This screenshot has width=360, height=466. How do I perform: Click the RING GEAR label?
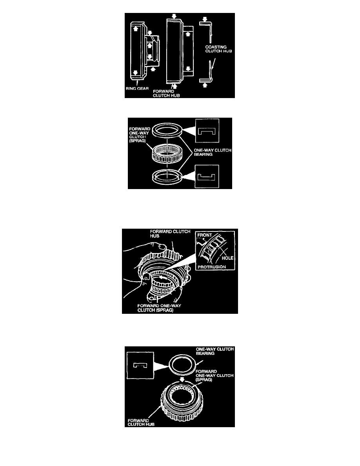point(137,89)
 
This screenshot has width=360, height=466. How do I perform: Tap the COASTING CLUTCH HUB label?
point(218,49)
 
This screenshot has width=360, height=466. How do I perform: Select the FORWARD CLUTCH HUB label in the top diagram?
point(166,94)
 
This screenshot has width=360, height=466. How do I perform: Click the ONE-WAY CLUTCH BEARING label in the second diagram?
point(213,152)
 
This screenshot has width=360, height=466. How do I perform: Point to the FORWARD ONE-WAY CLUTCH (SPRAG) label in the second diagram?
point(140,135)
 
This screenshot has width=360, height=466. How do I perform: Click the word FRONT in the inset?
point(205,235)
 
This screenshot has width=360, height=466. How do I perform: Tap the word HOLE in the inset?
point(227,258)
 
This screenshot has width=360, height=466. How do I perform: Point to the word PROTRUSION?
point(212,267)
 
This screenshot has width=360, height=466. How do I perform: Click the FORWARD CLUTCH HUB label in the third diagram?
point(170,234)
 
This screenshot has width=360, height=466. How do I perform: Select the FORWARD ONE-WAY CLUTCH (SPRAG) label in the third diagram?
point(159,308)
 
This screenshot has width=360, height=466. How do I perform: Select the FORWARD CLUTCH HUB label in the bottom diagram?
point(141,422)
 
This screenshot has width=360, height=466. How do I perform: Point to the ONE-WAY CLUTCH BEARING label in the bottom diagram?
point(215,351)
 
